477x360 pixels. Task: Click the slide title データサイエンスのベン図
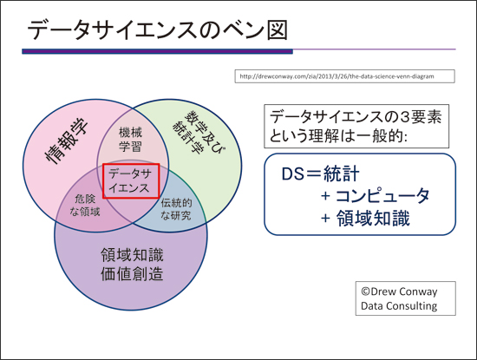click(158, 29)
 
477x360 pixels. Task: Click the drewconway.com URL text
click(337, 76)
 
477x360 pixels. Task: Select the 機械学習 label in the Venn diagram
click(130, 140)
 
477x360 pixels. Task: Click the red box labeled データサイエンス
click(131, 181)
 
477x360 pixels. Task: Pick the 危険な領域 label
click(85, 205)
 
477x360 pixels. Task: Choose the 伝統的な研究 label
click(176, 209)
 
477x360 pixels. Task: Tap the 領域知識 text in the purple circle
click(132, 255)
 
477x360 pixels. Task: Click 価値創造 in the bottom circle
click(132, 274)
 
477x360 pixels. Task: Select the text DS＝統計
click(320, 173)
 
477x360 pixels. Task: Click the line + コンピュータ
click(375, 196)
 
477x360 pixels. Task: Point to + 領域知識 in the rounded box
click(365, 219)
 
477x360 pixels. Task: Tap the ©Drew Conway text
click(399, 291)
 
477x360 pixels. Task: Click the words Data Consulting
click(399, 306)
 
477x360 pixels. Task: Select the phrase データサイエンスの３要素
click(356, 117)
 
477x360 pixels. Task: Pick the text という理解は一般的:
click(338, 135)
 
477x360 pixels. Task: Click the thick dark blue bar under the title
click(157, 52)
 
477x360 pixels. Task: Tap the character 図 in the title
click(278, 30)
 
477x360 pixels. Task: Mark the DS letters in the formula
click(293, 174)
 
